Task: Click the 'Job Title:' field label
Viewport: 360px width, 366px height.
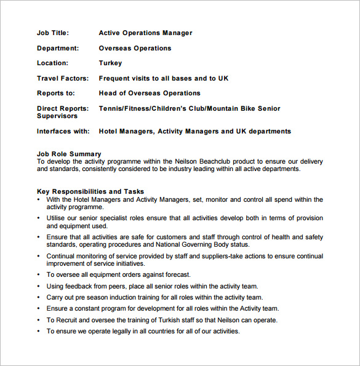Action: click(53, 33)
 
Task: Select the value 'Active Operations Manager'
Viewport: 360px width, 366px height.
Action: click(145, 33)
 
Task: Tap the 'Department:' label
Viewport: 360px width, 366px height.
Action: click(58, 48)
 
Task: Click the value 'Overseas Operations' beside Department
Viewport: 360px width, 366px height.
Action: click(135, 48)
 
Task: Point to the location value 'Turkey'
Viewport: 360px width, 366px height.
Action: click(110, 63)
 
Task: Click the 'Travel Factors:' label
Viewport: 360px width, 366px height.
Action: click(63, 78)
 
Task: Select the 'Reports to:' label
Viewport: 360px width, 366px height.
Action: click(56, 93)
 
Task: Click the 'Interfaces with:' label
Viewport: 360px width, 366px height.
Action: click(63, 131)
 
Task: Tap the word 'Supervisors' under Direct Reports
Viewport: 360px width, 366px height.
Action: click(57, 116)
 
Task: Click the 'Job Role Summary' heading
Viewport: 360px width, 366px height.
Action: click(69, 154)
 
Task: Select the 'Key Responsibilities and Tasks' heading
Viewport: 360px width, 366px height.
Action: click(90, 192)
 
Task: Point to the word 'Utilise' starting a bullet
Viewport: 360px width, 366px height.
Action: click(57, 218)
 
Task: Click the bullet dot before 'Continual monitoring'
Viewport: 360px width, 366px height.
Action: click(39, 257)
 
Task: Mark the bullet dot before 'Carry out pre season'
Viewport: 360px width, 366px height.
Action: click(39, 298)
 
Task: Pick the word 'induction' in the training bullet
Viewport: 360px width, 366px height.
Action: click(126, 297)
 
